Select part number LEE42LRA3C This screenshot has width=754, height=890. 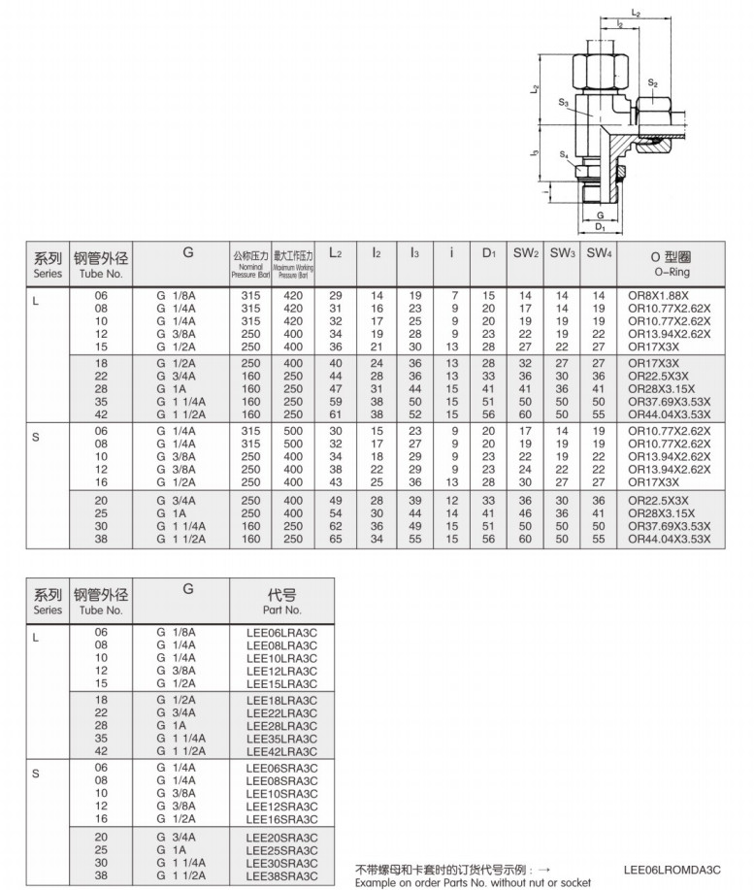(x=281, y=750)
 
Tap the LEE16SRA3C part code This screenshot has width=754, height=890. (x=281, y=817)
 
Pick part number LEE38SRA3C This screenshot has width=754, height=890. (x=281, y=874)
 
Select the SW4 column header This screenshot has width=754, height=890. (x=599, y=253)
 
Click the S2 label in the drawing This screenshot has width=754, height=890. (x=654, y=84)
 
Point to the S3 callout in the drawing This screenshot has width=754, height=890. (x=564, y=102)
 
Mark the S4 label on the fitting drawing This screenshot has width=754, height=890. (x=564, y=154)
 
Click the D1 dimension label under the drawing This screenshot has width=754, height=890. (x=601, y=227)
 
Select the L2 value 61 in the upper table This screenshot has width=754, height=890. (x=336, y=414)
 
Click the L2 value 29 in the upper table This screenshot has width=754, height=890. (x=336, y=295)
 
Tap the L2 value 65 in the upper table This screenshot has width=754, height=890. (x=336, y=538)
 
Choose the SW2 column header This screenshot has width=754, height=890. (x=526, y=253)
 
